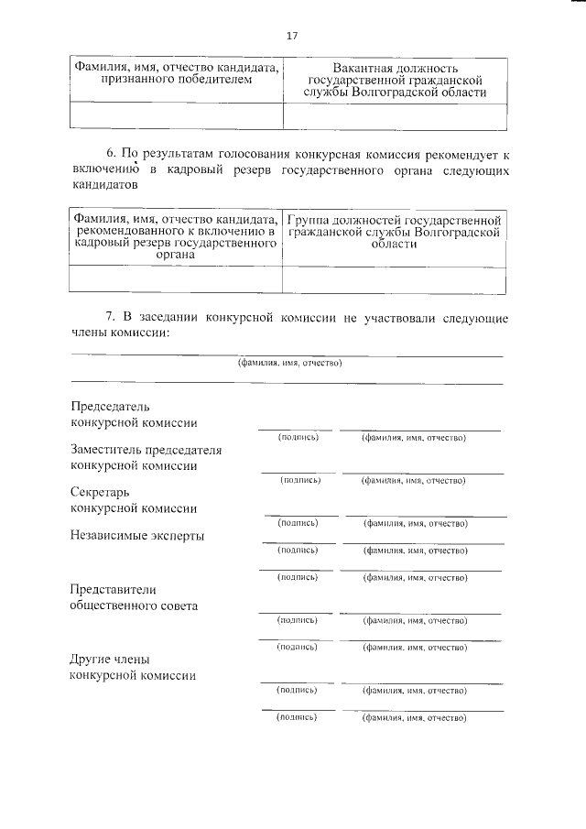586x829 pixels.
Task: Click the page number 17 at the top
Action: click(292, 36)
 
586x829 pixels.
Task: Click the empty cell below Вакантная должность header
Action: click(395, 115)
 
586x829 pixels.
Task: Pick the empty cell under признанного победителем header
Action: click(176, 115)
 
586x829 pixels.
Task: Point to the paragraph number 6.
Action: click(111, 153)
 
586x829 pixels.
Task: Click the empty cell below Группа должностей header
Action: click(395, 278)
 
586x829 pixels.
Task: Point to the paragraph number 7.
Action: click(111, 316)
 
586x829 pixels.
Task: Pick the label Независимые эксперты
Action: click(136, 536)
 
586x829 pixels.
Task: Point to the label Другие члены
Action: click(110, 660)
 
